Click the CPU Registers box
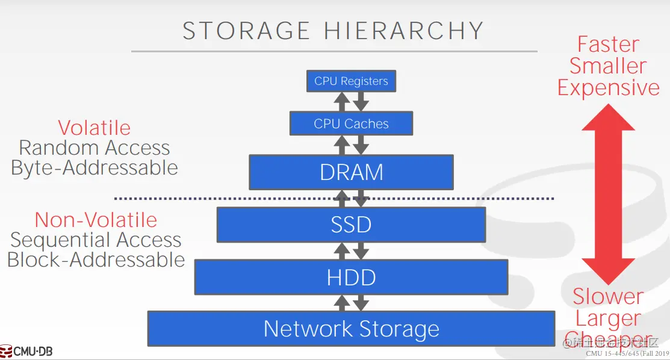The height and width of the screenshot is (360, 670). tap(351, 81)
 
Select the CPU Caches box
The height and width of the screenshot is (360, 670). tap(351, 124)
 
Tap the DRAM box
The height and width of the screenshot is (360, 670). tap(351, 172)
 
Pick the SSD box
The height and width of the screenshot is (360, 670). tap(351, 225)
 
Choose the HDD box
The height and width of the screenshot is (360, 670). tap(351, 277)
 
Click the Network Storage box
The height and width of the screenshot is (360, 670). tap(351, 329)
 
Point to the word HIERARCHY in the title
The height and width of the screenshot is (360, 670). tap(404, 31)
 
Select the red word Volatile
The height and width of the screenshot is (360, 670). tap(95, 128)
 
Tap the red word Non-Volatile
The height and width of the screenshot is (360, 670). tap(96, 220)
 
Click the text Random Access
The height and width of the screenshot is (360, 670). tap(95, 147)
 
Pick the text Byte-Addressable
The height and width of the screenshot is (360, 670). tap(95, 167)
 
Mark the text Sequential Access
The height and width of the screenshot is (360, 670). tap(96, 240)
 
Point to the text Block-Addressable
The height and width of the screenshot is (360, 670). tap(96, 259)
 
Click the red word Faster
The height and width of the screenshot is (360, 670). tap(608, 45)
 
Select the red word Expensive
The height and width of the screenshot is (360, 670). tap(608, 88)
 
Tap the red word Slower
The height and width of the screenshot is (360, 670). tap(608, 296)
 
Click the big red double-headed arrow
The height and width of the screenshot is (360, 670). tap(608, 193)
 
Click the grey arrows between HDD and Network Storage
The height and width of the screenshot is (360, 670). tap(351, 303)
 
